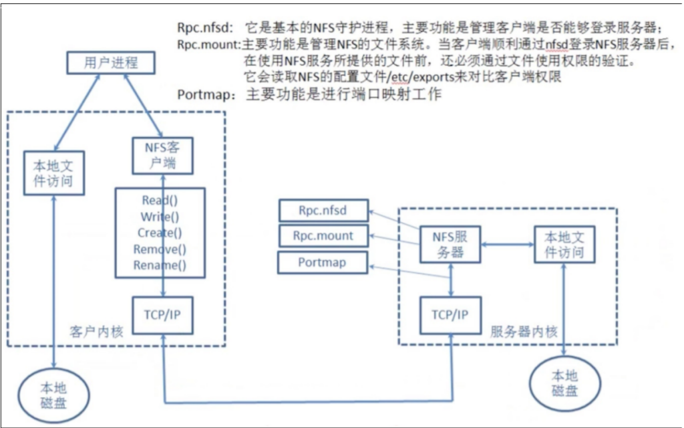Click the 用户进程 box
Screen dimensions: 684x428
coord(111,63)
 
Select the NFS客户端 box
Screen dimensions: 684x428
coord(162,156)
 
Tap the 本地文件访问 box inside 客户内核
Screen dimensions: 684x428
coord(53,173)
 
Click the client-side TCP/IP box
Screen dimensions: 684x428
coord(162,316)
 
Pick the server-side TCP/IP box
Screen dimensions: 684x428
coord(450,316)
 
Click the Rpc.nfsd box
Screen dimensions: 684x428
coord(323,211)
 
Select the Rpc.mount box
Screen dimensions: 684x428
coord(323,236)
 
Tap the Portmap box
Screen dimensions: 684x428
coord(323,262)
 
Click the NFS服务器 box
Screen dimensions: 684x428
coord(450,245)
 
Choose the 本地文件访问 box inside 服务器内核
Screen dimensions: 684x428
coord(564,245)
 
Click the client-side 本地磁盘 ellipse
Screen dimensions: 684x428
coord(53,396)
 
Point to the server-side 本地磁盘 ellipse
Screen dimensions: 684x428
coord(564,383)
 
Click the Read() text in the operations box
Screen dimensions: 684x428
coord(160,201)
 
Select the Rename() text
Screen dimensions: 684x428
coord(160,265)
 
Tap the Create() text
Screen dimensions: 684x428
coord(160,232)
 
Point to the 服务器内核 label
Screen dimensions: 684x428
coord(524,332)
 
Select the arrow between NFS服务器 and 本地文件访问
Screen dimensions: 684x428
coord(508,245)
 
